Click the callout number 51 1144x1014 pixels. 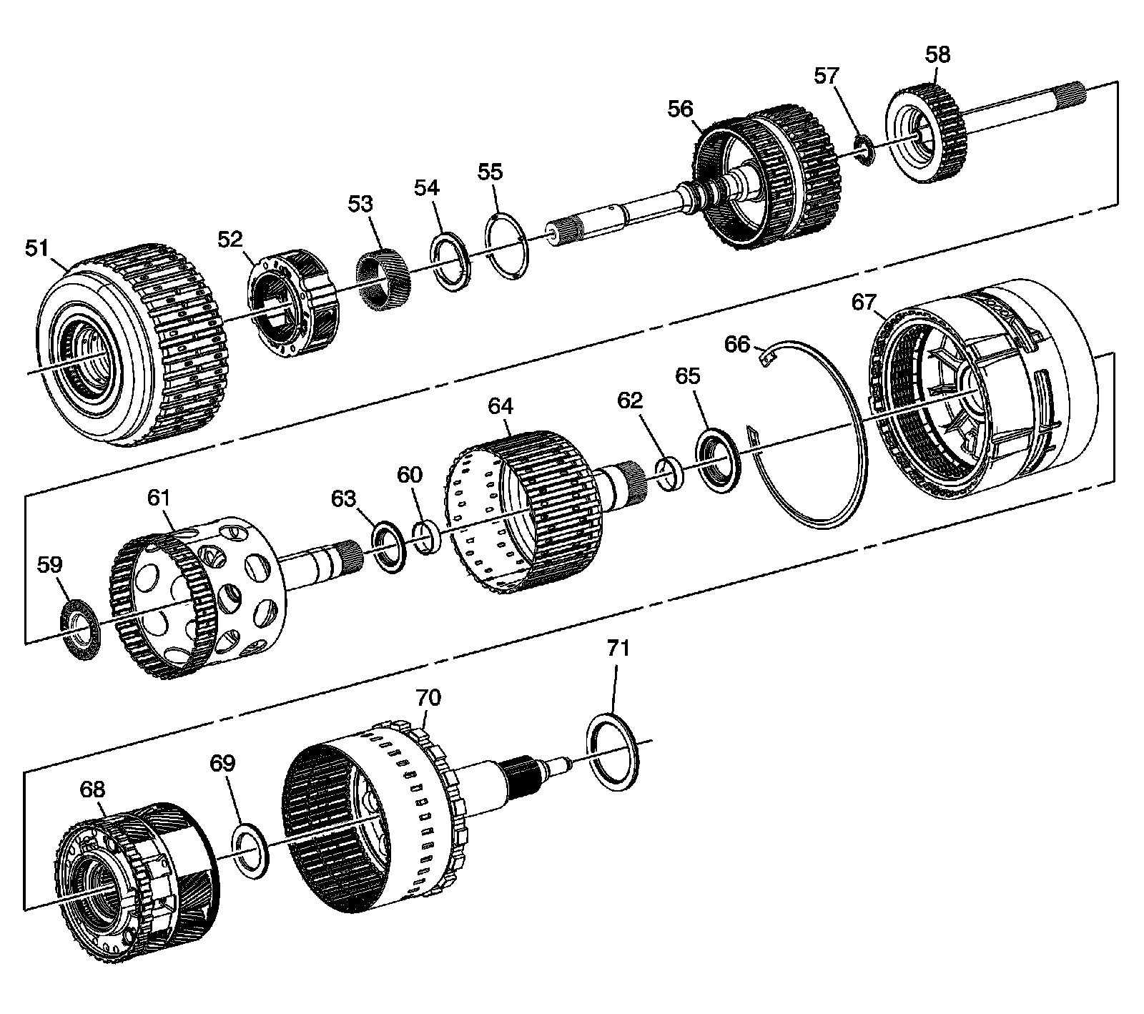(x=36, y=248)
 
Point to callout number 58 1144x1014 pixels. (x=938, y=54)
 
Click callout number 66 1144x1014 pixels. (x=737, y=345)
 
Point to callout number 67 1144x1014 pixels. (x=864, y=302)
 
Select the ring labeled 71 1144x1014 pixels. (x=613, y=752)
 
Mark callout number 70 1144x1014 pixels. (x=429, y=698)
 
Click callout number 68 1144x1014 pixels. (x=92, y=789)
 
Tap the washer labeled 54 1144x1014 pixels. (x=450, y=260)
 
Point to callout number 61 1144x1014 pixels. (x=159, y=498)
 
